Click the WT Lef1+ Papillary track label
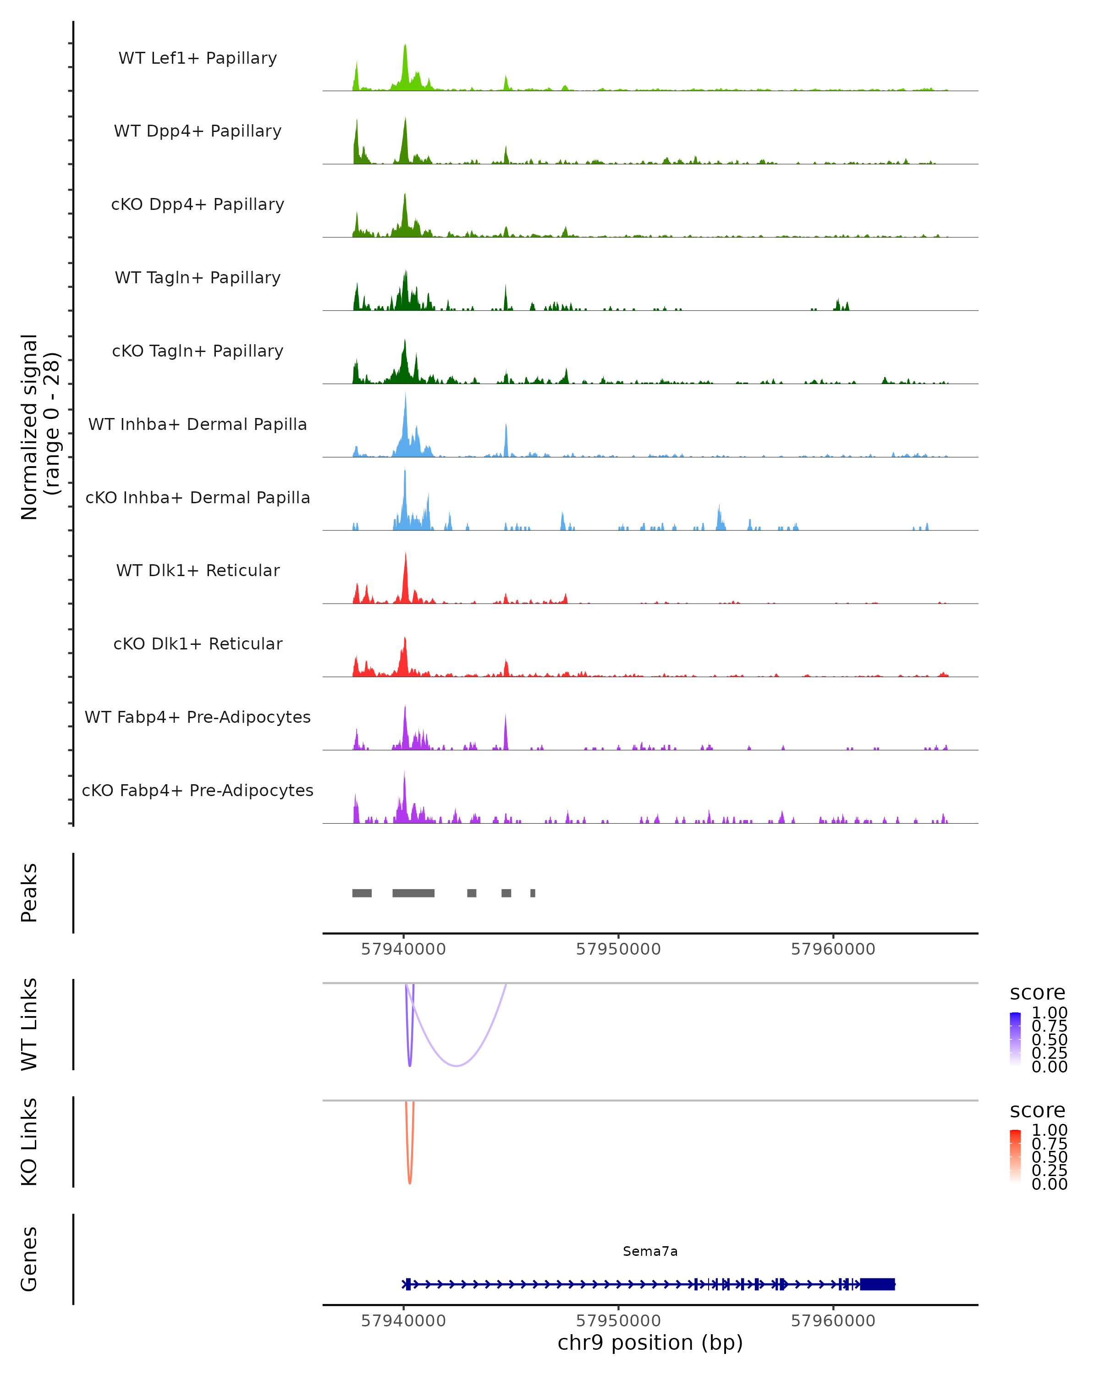point(198,58)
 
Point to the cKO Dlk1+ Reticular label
point(198,643)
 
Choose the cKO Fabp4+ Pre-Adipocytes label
point(198,790)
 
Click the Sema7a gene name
point(650,1251)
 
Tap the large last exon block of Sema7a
point(877,1284)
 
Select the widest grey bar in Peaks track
point(413,893)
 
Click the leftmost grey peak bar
point(362,893)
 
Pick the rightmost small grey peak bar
point(533,893)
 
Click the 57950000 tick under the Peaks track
point(618,949)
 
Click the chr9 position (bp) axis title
point(650,1343)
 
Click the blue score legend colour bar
point(1015,1038)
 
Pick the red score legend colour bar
point(1015,1155)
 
